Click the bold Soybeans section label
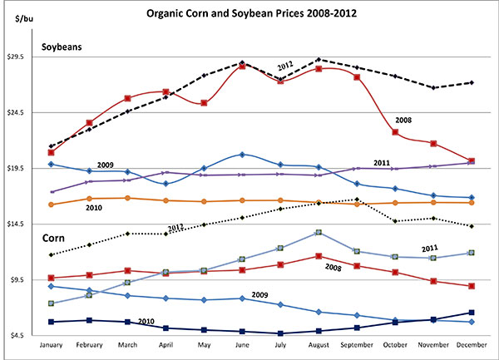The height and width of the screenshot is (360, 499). point(62,48)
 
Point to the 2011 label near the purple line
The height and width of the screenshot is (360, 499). point(382,162)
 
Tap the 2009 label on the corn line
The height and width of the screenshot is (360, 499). point(259,294)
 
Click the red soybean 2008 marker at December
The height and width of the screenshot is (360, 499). point(472,161)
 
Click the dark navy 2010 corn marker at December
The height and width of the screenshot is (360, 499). point(472,313)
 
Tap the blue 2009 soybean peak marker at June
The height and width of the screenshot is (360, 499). point(242,155)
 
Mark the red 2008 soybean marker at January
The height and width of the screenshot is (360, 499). point(51,152)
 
